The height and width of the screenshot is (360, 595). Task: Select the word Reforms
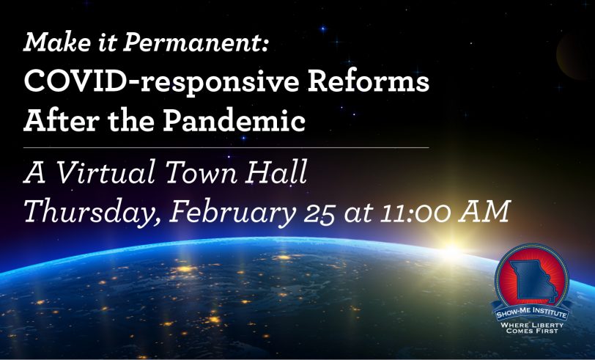pos(369,81)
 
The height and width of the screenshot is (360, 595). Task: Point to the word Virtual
pos(106,172)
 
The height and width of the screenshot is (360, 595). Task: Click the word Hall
pos(276,172)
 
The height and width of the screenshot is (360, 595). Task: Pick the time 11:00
pos(415,214)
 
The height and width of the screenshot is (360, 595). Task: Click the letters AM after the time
pos(484,212)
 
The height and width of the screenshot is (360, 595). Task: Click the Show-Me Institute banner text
pos(532,313)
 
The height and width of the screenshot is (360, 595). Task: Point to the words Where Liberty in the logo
pos(532,325)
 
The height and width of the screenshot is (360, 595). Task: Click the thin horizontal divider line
pos(226,147)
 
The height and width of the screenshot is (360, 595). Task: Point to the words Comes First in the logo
pos(532,331)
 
